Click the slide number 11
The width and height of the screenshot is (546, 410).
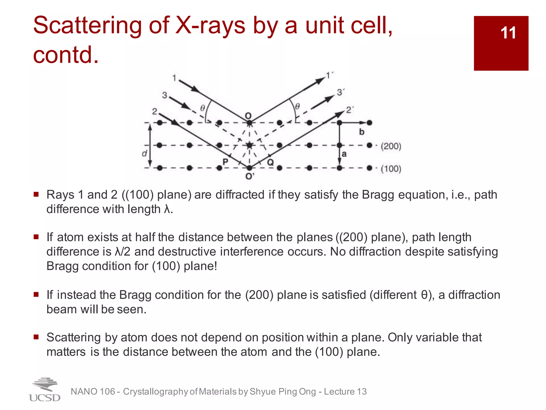point(508,33)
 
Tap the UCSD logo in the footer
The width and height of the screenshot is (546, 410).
point(45,390)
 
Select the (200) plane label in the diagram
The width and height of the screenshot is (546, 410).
point(391,146)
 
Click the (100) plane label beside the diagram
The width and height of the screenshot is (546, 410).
point(391,169)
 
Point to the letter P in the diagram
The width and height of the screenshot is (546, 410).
point(225,161)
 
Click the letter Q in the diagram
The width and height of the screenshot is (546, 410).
point(270,162)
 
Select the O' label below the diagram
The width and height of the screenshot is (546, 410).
point(250,176)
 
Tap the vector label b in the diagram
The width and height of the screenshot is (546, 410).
point(362,132)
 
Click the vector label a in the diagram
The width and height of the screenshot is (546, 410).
point(344,154)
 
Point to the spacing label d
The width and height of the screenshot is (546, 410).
point(144,153)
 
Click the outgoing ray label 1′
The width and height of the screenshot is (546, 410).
point(330,75)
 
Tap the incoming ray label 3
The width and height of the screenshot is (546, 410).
point(165,95)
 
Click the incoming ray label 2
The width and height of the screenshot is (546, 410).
point(155,111)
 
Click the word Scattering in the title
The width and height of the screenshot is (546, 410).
point(87,26)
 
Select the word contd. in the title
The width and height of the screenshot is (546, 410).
point(66,55)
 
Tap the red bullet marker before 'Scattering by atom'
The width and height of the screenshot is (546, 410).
point(36,337)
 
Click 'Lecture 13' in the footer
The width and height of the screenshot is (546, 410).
point(345,392)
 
